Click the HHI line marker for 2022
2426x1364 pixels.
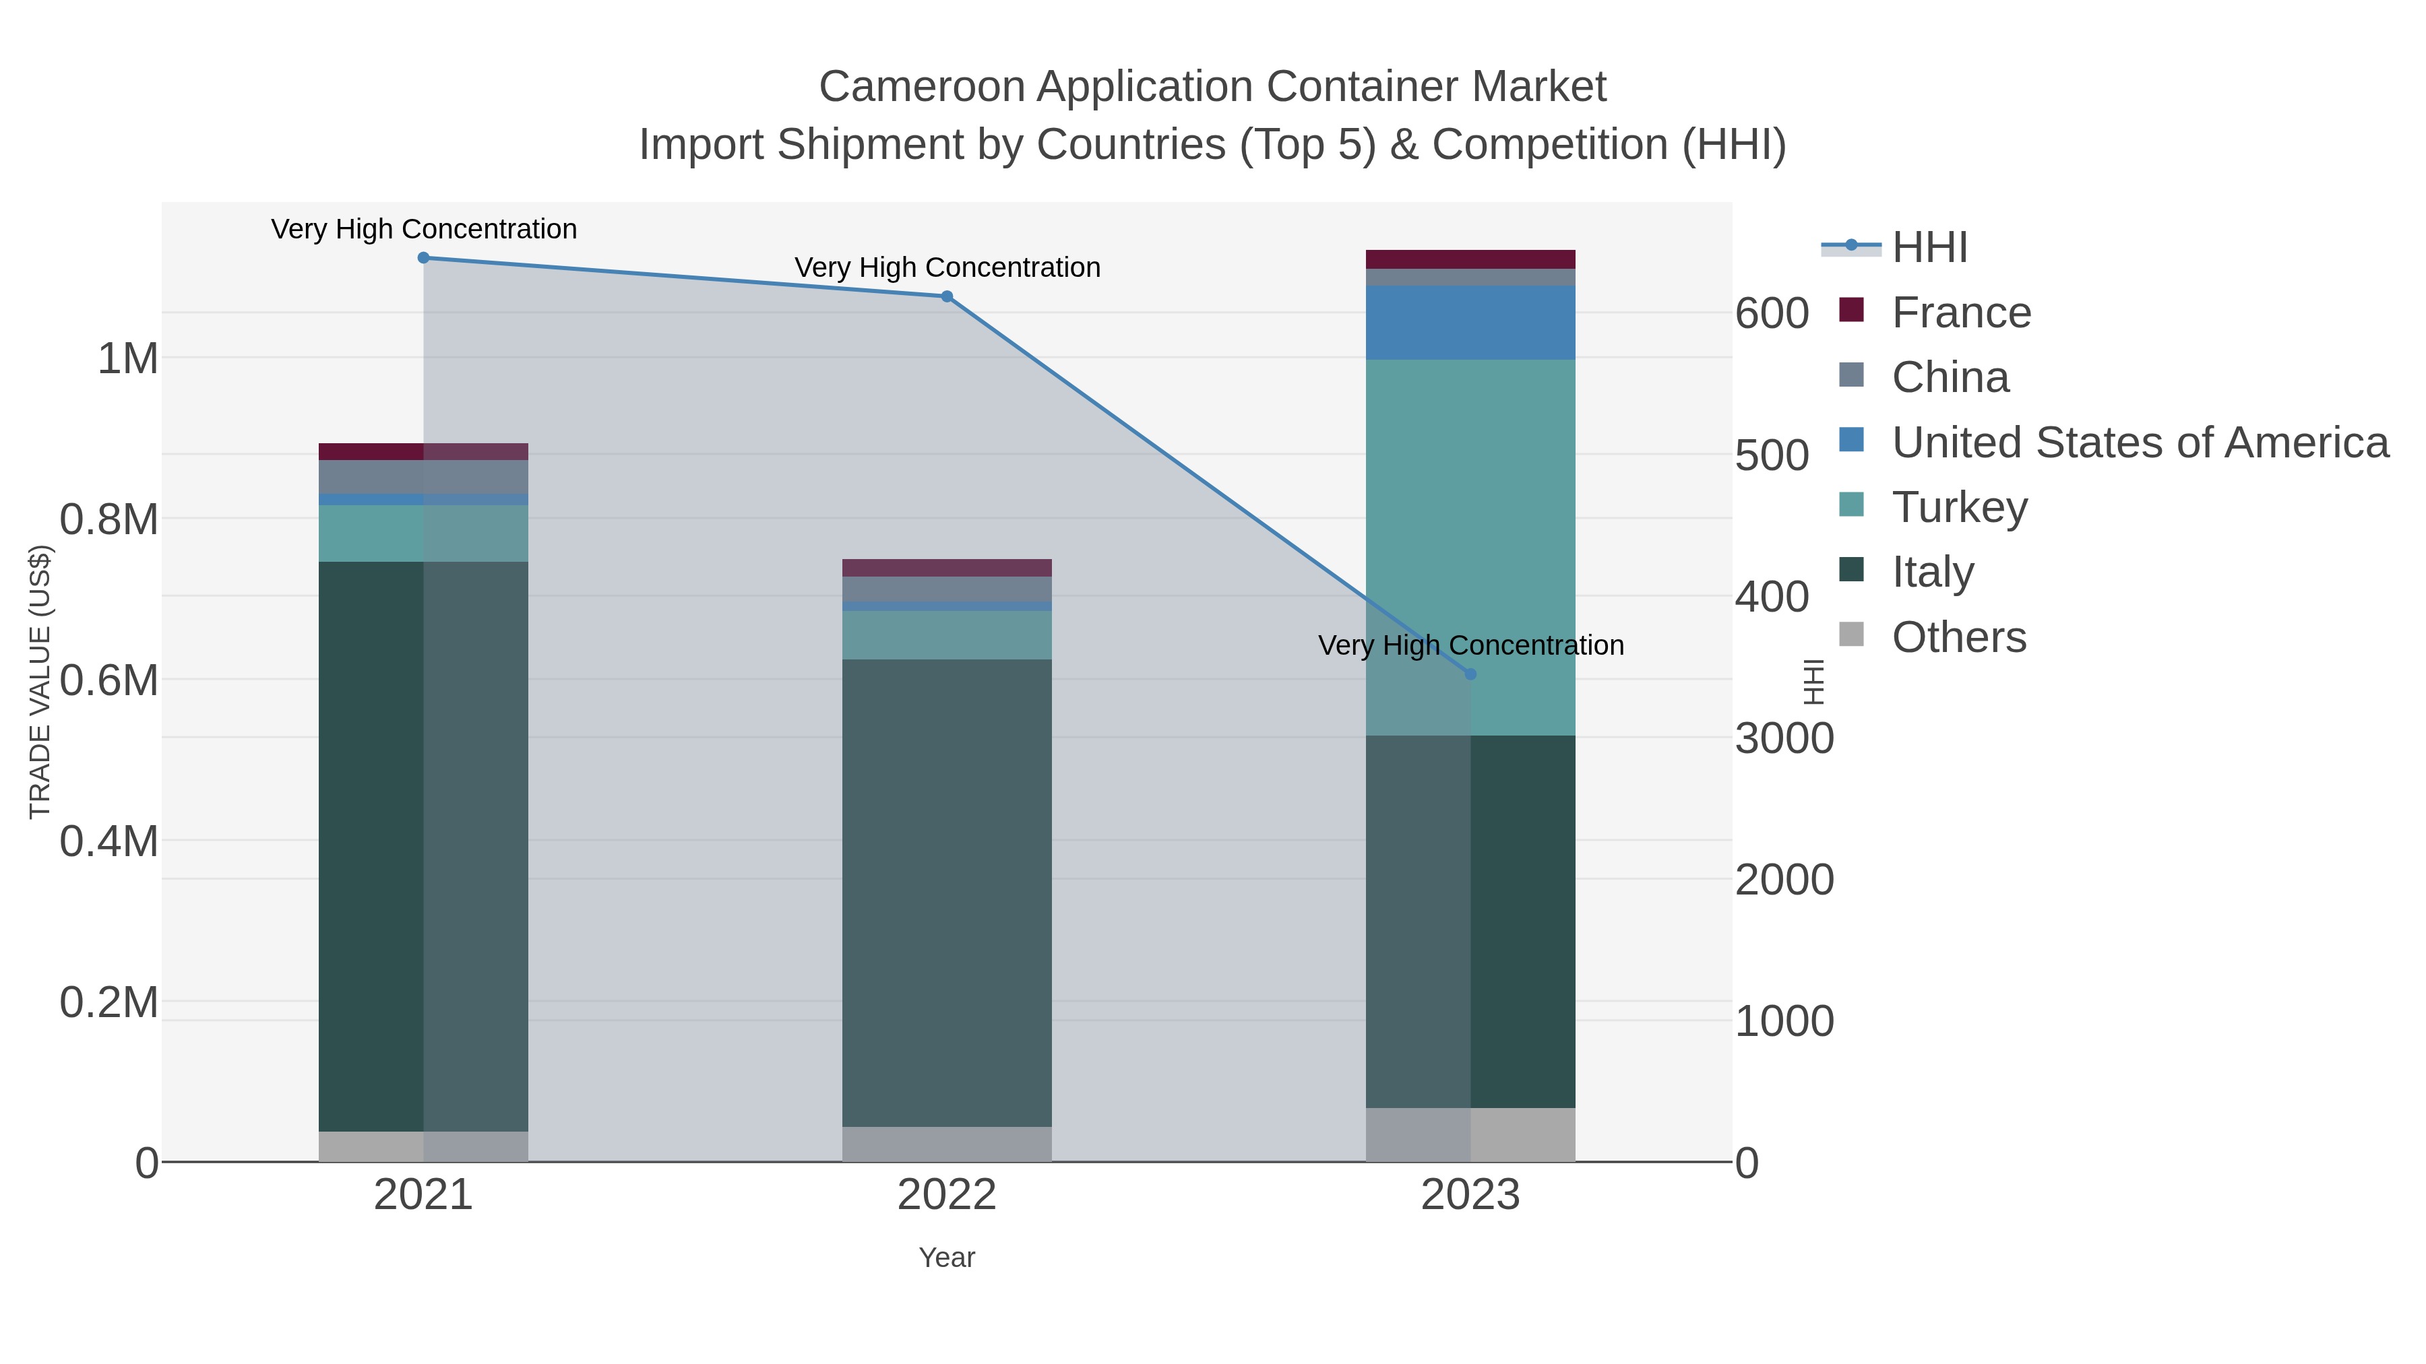coord(947,296)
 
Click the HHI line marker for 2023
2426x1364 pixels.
coord(1470,674)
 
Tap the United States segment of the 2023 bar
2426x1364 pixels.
coord(1470,322)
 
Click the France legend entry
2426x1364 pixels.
coord(1961,313)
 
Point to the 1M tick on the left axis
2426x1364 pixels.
coord(128,358)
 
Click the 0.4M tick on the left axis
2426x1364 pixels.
coord(109,841)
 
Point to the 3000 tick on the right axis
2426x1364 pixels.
coord(1784,739)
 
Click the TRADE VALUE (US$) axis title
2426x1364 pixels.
coord(40,682)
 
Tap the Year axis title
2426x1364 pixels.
coord(947,1258)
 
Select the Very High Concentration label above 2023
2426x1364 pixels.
coord(1470,646)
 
